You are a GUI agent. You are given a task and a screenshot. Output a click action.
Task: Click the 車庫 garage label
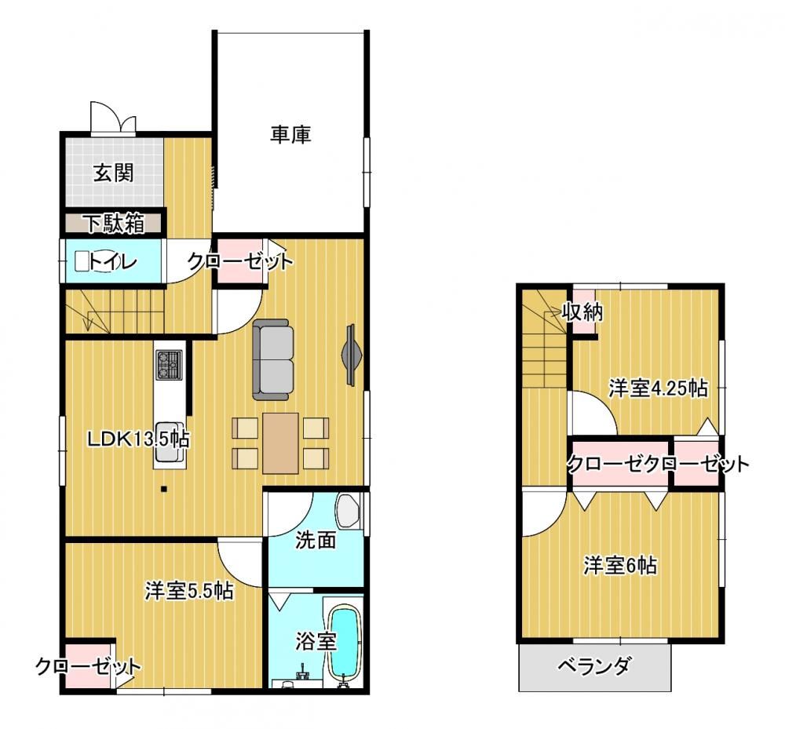click(291, 134)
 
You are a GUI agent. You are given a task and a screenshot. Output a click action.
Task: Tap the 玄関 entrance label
click(114, 173)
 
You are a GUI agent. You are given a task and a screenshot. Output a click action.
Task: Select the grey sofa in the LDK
click(273, 359)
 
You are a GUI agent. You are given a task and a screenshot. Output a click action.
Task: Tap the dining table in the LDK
click(280, 443)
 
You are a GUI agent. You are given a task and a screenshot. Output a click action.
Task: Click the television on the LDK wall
click(352, 355)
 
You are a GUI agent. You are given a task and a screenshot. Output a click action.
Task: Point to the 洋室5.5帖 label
click(189, 591)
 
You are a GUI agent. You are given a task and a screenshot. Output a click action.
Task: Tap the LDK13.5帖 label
click(138, 439)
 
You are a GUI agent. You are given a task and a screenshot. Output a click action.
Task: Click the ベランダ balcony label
click(594, 666)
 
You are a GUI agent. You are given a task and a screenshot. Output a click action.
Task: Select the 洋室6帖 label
click(620, 566)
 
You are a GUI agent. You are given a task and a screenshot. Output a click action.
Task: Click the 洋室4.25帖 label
click(659, 388)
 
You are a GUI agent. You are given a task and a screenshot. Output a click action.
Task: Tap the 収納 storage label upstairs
click(582, 312)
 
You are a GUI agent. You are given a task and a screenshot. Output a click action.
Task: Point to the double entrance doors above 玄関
click(113, 118)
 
